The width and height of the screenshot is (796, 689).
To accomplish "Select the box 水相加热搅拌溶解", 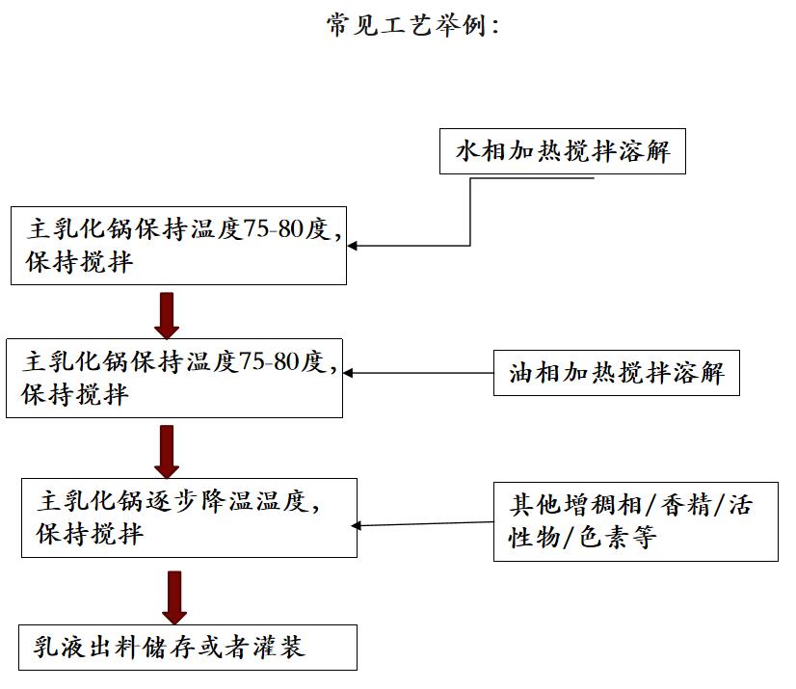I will point(562,152).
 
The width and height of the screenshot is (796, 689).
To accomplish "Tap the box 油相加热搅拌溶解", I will point(616,373).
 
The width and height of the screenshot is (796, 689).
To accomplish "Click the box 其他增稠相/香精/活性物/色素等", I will point(635,521).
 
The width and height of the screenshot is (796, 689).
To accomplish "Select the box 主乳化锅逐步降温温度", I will point(189,517).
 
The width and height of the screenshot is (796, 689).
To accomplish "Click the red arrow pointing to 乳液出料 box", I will point(174,597).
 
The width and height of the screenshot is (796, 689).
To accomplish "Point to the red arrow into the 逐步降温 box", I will point(168,452).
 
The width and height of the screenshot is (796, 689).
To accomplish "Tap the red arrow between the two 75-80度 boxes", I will point(168,315).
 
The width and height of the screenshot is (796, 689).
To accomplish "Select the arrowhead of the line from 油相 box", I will point(350,373).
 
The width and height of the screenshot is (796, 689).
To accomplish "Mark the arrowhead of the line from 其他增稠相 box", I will point(358,526).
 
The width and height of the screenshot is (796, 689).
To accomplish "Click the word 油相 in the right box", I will point(535,373).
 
